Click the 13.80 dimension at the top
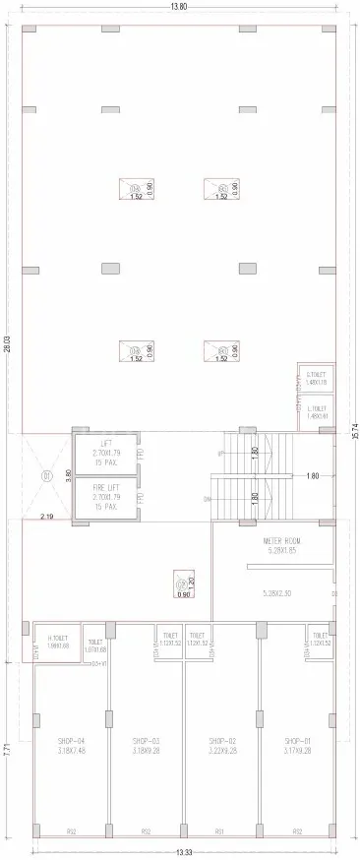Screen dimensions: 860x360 (x=178, y=7)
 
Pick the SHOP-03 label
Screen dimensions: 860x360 (x=146, y=740)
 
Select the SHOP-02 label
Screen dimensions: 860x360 (x=221, y=740)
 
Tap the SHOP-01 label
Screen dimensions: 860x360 (x=298, y=740)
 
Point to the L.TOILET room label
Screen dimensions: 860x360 (x=316, y=410)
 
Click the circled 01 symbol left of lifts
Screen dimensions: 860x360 (x=45, y=476)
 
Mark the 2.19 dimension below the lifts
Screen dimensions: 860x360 (x=46, y=516)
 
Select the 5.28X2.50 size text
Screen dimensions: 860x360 (x=279, y=592)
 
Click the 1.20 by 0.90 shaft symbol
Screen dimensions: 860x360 (x=182, y=584)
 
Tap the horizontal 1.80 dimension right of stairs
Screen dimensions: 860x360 (x=313, y=476)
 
